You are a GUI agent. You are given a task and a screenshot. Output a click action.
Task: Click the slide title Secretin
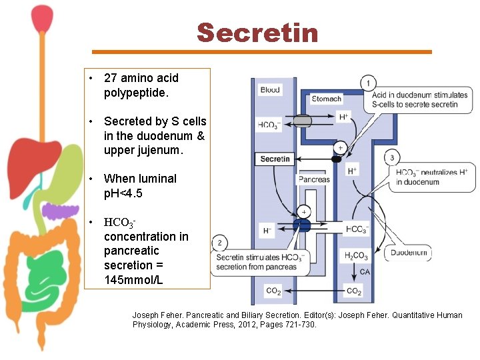pyautogui.click(x=258, y=33)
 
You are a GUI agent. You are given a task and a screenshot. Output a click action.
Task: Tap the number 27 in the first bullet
pyautogui.click(x=111, y=78)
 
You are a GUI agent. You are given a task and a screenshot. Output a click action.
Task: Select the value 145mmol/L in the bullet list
pyautogui.click(x=133, y=279)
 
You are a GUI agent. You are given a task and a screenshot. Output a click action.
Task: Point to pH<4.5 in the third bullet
pyautogui.click(x=123, y=193)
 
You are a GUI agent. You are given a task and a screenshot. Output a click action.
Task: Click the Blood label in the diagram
pyautogui.click(x=270, y=89)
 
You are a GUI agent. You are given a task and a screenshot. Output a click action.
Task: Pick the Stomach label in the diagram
pyautogui.click(x=327, y=99)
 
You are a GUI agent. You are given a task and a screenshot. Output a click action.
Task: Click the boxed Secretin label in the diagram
pyautogui.click(x=275, y=159)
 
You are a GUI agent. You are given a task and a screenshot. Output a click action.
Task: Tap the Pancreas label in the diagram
pyautogui.click(x=314, y=179)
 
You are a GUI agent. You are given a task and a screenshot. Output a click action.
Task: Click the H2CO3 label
pyautogui.click(x=355, y=256)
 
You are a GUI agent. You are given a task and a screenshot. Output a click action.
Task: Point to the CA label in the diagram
pyautogui.click(x=365, y=272)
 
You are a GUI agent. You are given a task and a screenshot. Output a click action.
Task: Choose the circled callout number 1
pyautogui.click(x=367, y=83)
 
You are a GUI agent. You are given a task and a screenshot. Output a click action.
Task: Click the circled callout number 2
pyautogui.click(x=219, y=243)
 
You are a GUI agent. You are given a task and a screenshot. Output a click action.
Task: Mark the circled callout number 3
pyautogui.click(x=392, y=158)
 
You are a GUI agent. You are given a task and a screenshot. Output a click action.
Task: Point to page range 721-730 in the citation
pyautogui.click(x=297, y=325)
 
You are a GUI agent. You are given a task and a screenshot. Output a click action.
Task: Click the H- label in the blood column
pyautogui.click(x=267, y=230)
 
